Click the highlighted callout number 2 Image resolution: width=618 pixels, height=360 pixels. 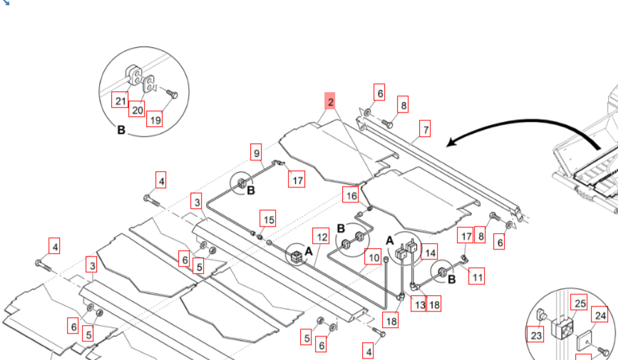(331, 102)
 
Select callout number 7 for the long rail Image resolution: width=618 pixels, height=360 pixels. (426, 129)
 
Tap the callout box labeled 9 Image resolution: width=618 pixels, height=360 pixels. (257, 151)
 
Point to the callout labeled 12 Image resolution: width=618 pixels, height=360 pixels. (322, 237)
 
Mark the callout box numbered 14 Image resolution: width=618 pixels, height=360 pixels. (430, 252)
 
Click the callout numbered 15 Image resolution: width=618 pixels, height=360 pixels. (267, 220)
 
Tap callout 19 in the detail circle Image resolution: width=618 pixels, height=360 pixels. (154, 119)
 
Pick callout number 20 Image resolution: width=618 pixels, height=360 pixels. (136, 109)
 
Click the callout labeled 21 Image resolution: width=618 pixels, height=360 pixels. (120, 101)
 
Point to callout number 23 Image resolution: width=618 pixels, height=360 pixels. (535, 334)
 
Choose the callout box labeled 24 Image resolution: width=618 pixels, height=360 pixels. (601, 316)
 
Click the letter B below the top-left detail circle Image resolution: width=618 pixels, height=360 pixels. (120, 131)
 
